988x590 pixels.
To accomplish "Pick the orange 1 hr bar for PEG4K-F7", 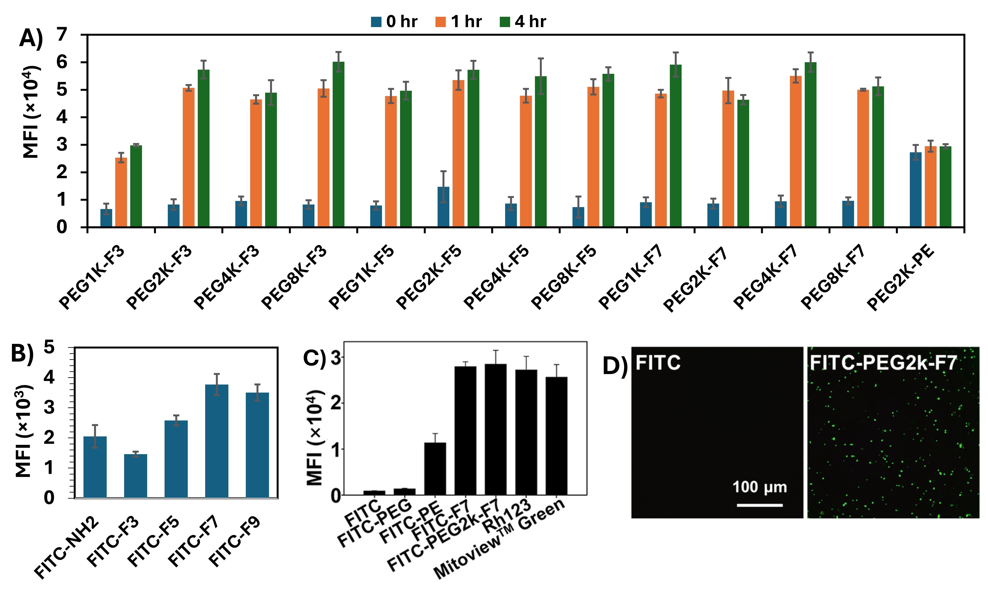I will (796, 151).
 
